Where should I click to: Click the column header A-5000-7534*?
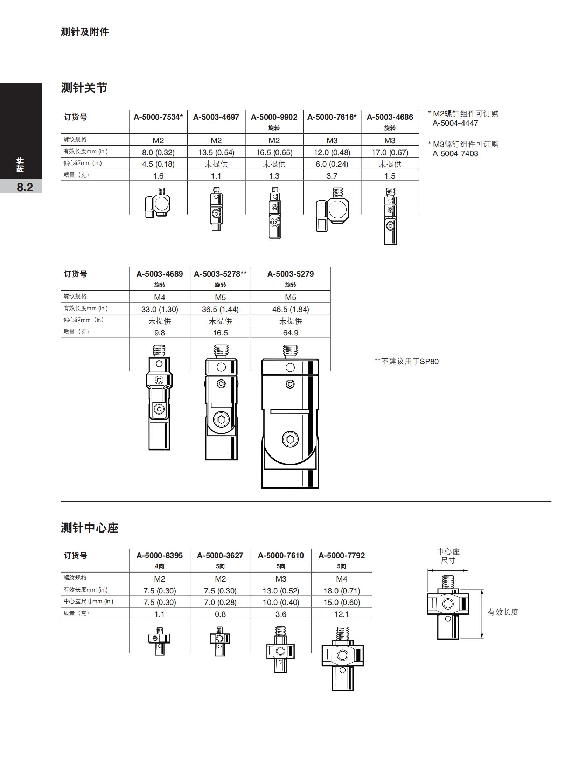158,117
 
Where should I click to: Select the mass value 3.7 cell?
332,176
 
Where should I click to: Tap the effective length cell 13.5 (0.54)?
216,152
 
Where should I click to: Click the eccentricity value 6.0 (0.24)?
332,164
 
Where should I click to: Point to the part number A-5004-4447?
455,123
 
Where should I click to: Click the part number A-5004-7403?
455,153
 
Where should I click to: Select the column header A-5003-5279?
291,274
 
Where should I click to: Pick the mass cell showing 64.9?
291,333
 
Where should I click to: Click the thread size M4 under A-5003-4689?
160,297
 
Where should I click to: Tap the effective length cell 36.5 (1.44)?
220,309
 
